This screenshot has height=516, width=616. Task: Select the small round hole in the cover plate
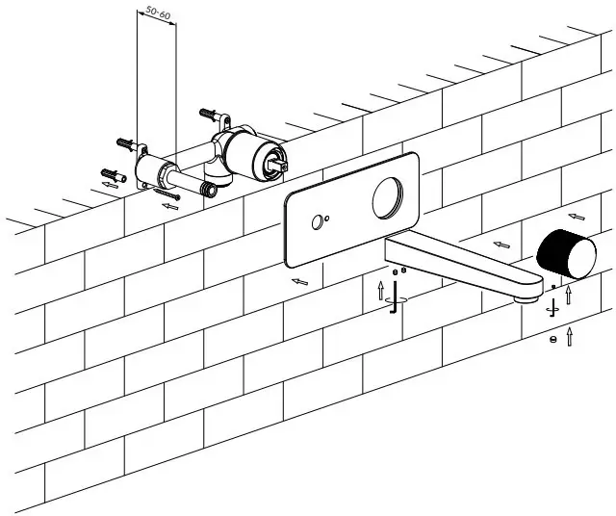pos(316,224)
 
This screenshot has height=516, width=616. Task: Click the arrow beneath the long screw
pos(171,205)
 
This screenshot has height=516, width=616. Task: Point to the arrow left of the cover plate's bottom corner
pos(300,281)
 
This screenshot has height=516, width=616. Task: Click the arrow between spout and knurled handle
pos(500,245)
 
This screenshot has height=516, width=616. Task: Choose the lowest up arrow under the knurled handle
pos(571,336)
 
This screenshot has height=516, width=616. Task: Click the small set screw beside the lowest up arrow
pos(552,338)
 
